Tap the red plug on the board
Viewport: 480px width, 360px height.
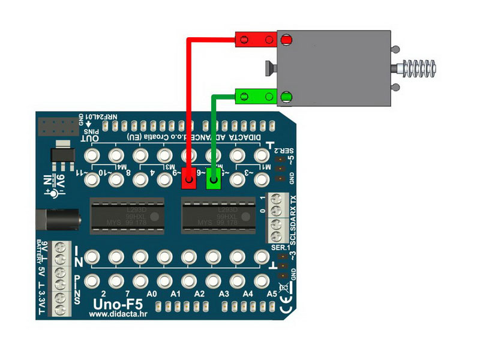189,179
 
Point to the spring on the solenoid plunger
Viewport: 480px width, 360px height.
419,67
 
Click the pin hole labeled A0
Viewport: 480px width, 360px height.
140,280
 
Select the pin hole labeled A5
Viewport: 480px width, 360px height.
260,280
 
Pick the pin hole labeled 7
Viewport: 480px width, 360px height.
116,280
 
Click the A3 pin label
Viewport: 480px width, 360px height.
224,295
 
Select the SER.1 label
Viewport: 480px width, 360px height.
280,247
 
